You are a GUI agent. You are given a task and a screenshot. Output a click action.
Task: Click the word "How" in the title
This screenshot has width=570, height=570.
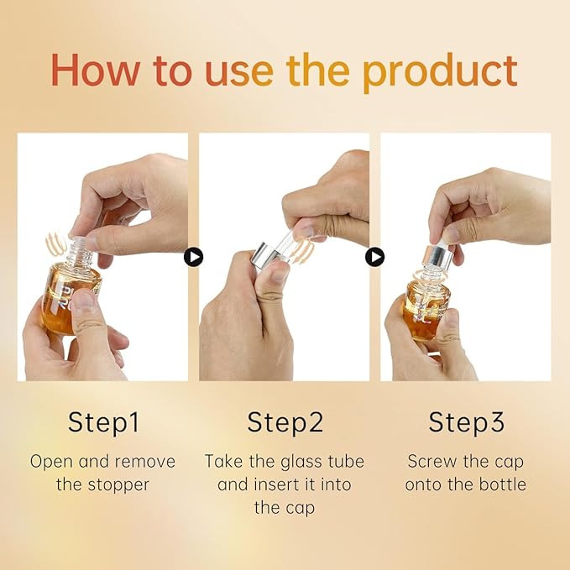[x=96, y=70]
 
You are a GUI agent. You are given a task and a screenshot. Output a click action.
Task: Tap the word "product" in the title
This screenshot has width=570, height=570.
[x=440, y=73]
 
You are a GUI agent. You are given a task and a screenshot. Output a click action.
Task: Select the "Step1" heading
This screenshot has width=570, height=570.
[x=103, y=423]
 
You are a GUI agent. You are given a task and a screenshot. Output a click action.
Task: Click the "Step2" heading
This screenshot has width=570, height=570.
[x=285, y=423]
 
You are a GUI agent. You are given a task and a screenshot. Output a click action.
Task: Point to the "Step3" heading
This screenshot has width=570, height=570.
[x=466, y=423]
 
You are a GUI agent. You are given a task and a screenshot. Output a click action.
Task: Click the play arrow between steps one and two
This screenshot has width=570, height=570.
[x=193, y=257]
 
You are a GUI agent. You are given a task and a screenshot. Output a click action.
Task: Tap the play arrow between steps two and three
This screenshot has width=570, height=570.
[x=374, y=257]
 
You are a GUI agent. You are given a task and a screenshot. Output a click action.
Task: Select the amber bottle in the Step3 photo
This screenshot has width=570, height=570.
[x=426, y=309]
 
